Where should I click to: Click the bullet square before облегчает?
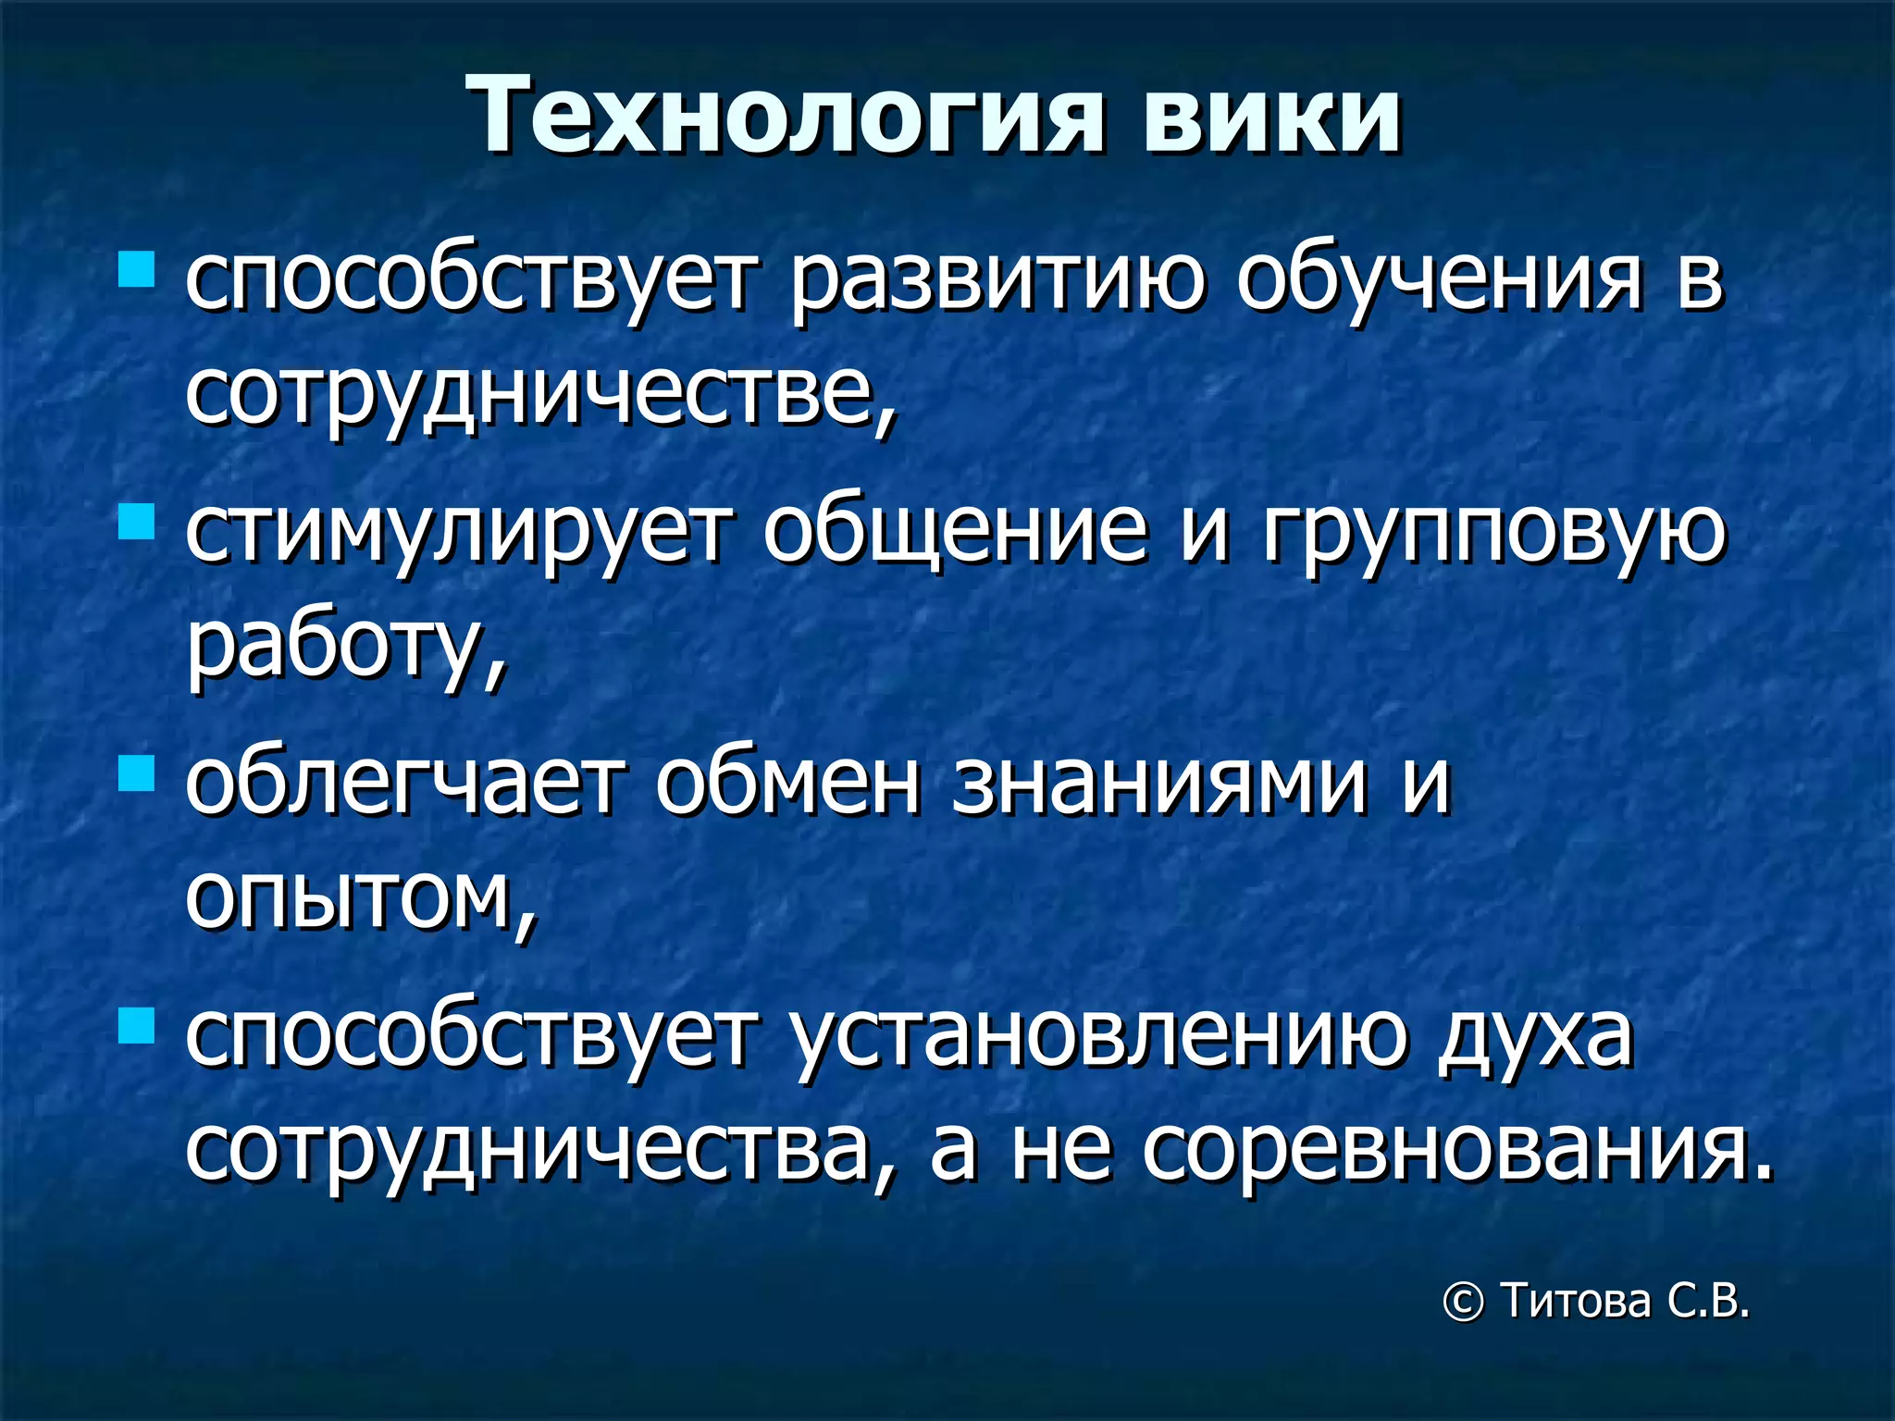(x=136, y=773)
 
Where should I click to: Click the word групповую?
(x=1493, y=537)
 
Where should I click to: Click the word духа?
(x=1535, y=1036)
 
